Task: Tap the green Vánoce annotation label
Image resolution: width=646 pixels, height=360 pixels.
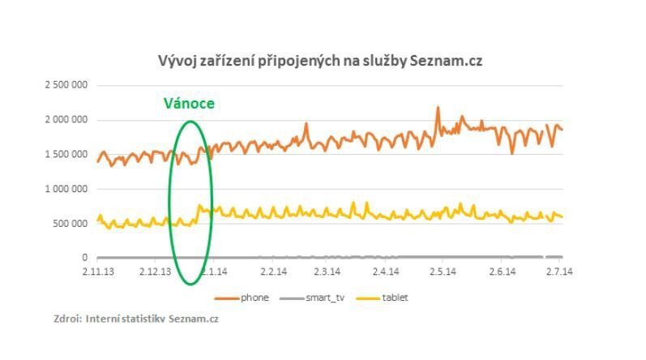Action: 190,104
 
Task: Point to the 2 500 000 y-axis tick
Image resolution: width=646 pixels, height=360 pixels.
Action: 67,85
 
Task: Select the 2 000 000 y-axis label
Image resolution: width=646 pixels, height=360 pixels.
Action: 67,120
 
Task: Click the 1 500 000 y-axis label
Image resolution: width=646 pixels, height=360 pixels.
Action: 67,154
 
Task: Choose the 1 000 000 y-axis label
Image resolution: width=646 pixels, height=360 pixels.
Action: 67,189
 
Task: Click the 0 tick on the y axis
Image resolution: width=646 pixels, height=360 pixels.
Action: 85,258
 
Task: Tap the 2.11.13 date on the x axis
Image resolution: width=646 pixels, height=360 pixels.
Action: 99,272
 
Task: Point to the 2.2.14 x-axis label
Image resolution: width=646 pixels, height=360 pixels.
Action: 273,272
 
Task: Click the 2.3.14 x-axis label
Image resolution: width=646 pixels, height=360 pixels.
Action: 327,272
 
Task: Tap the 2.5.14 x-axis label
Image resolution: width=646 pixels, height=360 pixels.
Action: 443,272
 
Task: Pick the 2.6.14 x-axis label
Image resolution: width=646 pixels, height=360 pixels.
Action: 502,272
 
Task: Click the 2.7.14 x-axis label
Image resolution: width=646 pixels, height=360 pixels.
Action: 559,272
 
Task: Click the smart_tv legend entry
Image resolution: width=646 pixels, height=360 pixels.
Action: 318,298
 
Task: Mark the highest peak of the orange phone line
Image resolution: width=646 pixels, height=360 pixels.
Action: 438,107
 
